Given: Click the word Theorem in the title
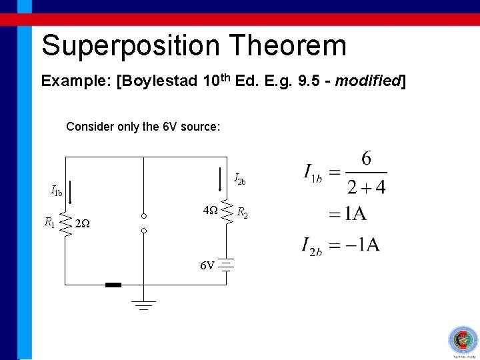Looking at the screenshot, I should tap(288, 46).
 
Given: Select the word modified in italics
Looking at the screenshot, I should tap(367, 81).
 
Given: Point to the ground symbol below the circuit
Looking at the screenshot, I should tap(143, 305).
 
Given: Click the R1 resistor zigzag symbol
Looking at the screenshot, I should tap(66, 224).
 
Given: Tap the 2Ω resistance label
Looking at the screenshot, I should tap(83, 223).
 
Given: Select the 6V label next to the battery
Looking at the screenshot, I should tap(207, 266).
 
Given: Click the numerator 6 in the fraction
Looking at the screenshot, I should tap(366, 159).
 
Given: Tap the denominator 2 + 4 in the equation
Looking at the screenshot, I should tap(366, 187).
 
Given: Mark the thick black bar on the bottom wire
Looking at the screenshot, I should tap(113, 285).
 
